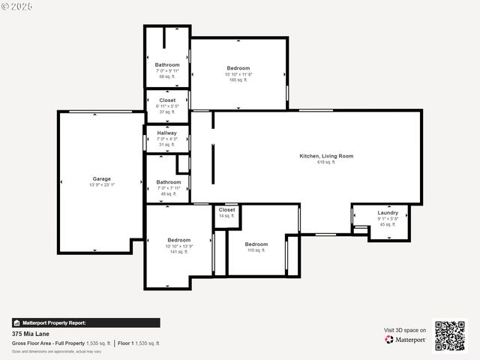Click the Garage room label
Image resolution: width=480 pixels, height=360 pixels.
point(101,178)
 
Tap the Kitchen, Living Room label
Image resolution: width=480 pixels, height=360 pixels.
point(326,156)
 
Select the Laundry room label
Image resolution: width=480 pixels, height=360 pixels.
point(388,213)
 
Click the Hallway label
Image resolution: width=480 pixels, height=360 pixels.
point(167,133)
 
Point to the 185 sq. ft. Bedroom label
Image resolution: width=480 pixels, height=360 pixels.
point(238,68)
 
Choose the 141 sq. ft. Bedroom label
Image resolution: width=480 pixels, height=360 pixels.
point(179,240)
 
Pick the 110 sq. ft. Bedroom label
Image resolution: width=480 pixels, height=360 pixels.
point(256,244)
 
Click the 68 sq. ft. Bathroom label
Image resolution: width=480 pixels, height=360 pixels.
point(167,65)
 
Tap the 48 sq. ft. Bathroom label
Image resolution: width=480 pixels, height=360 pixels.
point(168,182)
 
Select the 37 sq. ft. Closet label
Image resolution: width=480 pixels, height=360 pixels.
point(167,100)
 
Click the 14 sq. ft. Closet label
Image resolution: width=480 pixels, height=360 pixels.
point(226,210)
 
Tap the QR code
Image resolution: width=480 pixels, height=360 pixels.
point(450,335)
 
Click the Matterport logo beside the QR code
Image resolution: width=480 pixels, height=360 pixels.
point(406,340)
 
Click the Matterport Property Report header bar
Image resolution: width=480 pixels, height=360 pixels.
point(85,322)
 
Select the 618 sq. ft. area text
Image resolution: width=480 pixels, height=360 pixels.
point(325,162)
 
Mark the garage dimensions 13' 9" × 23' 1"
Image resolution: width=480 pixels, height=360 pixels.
point(101,184)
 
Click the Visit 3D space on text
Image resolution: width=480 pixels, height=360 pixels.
point(405,330)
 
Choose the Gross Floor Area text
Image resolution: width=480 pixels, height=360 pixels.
point(61,343)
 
